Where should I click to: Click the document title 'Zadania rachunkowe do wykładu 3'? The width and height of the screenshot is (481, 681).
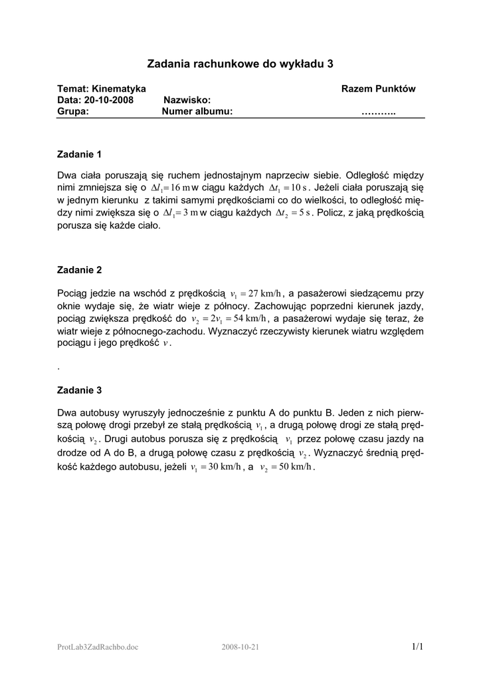coord(240,64)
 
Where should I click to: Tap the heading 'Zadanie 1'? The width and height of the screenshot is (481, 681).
coord(80,154)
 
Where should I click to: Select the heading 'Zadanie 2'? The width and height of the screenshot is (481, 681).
coord(80,270)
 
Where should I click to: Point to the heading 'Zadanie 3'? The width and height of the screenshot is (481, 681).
coord(80,390)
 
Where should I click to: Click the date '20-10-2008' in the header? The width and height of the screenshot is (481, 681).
coord(110,100)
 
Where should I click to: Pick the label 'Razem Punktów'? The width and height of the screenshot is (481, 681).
coord(378,89)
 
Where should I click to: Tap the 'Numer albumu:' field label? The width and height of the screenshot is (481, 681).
coord(197,111)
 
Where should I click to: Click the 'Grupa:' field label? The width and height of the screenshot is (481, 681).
coord(73,111)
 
